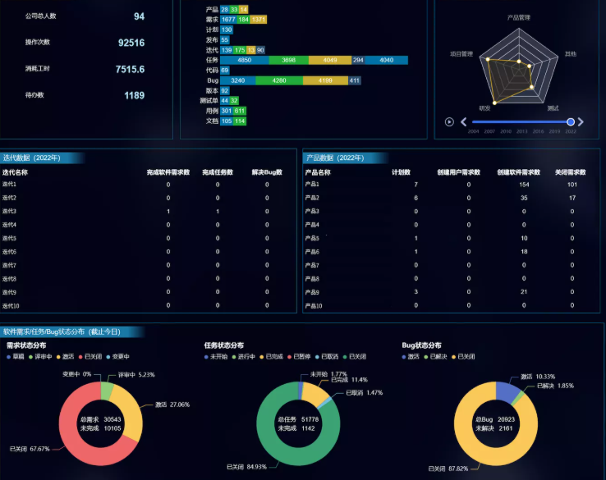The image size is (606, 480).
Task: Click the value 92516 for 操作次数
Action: point(131,43)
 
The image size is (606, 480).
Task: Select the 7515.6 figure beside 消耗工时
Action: point(130,70)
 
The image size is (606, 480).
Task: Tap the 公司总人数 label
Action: point(41,16)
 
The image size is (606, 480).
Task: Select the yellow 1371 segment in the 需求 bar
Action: point(259,19)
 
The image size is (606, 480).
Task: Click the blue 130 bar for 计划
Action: point(227,30)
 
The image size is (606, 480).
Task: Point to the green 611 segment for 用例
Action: point(240,111)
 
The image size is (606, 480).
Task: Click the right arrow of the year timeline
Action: point(581,122)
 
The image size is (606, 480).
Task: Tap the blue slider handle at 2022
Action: point(570,122)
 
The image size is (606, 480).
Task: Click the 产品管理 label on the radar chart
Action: point(518,17)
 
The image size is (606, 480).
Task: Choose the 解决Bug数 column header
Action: point(267,172)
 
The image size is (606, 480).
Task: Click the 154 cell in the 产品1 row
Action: point(524,185)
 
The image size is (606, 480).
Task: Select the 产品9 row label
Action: point(312,292)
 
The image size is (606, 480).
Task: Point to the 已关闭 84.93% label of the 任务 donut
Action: point(246,467)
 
